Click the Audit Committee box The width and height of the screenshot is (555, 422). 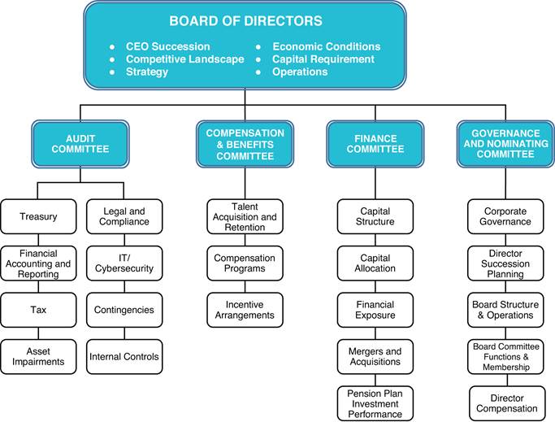point(80,144)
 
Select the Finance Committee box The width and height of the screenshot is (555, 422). point(375,144)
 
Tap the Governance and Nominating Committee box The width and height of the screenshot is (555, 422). point(505,144)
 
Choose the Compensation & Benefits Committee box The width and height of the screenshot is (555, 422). point(245,144)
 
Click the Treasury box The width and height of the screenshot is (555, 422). point(38,216)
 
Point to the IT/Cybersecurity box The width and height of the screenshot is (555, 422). point(124,263)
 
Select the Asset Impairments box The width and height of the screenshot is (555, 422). point(38,357)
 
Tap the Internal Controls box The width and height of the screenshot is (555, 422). point(124,357)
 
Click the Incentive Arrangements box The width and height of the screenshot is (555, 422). point(245,310)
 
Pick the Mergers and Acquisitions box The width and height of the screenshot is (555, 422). point(375,357)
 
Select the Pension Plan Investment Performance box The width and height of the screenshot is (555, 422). point(375,403)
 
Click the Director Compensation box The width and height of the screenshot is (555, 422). point(507,403)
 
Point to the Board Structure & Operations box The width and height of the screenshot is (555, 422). point(505,310)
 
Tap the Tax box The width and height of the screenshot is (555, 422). point(38,310)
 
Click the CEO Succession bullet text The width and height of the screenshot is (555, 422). point(167,46)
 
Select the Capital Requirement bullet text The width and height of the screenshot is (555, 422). point(323,59)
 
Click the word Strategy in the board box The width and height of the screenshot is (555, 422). point(147,72)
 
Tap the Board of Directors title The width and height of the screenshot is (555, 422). point(245,20)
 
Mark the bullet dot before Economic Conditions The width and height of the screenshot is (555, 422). point(258,47)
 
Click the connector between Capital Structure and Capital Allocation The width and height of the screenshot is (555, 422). point(375,240)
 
